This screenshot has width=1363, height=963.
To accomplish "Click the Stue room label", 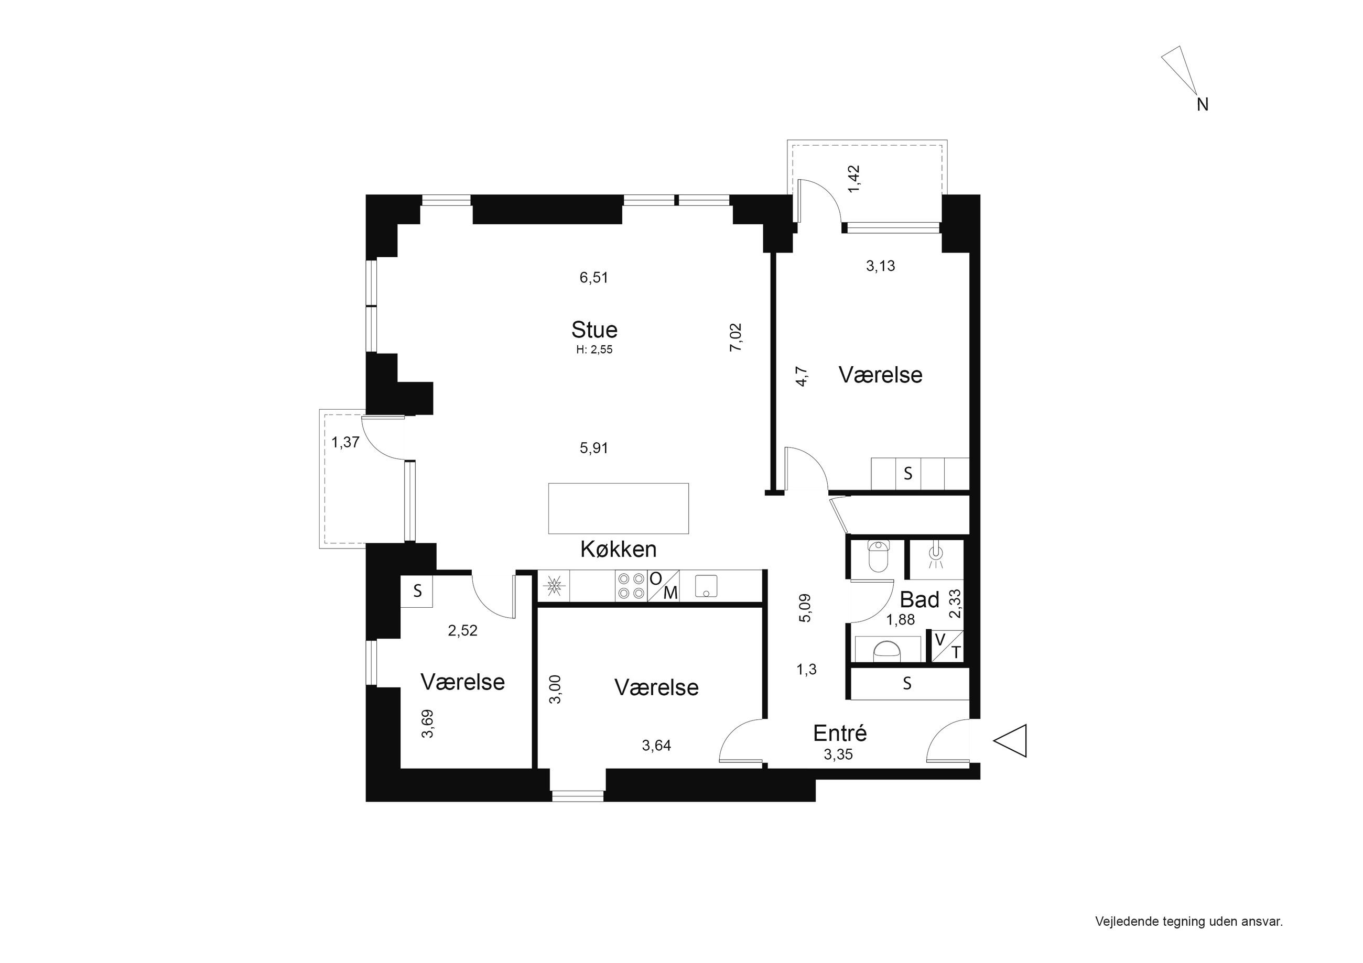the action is pos(594,330).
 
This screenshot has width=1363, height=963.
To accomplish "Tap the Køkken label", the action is pos(619,550).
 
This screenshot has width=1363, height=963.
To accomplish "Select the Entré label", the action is pos(840,734).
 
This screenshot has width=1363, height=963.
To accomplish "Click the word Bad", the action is pos(920,600).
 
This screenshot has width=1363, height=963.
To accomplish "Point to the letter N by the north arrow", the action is pos(1203,105).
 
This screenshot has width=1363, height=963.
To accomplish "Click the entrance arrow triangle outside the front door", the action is pos(1010,741).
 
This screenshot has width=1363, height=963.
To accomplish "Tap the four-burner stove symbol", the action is pos(631,585).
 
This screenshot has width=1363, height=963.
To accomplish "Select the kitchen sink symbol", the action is pos(707,586).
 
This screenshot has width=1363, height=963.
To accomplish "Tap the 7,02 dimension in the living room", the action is pos(735,337).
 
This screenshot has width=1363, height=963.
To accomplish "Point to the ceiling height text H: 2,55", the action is pos(594,350).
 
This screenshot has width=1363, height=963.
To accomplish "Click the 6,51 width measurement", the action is pos(594,278).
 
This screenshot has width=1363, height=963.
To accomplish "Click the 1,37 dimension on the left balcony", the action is pos(345,442).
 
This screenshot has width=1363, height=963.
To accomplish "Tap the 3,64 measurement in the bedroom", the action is pos(656,745).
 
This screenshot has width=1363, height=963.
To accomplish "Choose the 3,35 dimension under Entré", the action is pos(838,755).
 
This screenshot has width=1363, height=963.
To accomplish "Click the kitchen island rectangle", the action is pos(619,509).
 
